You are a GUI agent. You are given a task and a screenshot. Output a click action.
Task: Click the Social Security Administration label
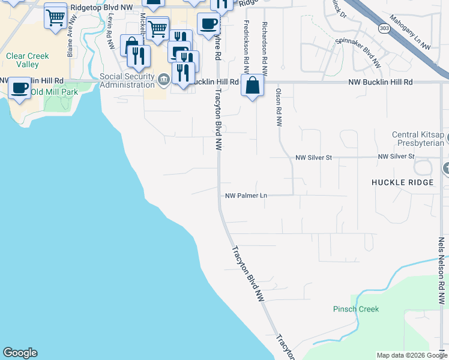coord(127,80)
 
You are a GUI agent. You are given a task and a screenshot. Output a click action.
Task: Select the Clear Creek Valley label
coord(27,60)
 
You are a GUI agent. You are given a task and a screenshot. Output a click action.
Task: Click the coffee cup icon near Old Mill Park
coord(19,89)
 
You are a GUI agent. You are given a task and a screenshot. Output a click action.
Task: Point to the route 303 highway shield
coord(385,28)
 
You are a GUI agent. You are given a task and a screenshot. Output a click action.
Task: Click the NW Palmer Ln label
coord(246,196)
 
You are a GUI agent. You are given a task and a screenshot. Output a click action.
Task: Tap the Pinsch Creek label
coord(356,309)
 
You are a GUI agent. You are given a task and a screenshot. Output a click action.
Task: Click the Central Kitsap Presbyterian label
coord(418,139)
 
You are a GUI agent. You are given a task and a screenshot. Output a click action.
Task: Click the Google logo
coord(20,353)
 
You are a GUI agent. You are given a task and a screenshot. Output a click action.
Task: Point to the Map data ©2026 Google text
coord(411,355)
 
